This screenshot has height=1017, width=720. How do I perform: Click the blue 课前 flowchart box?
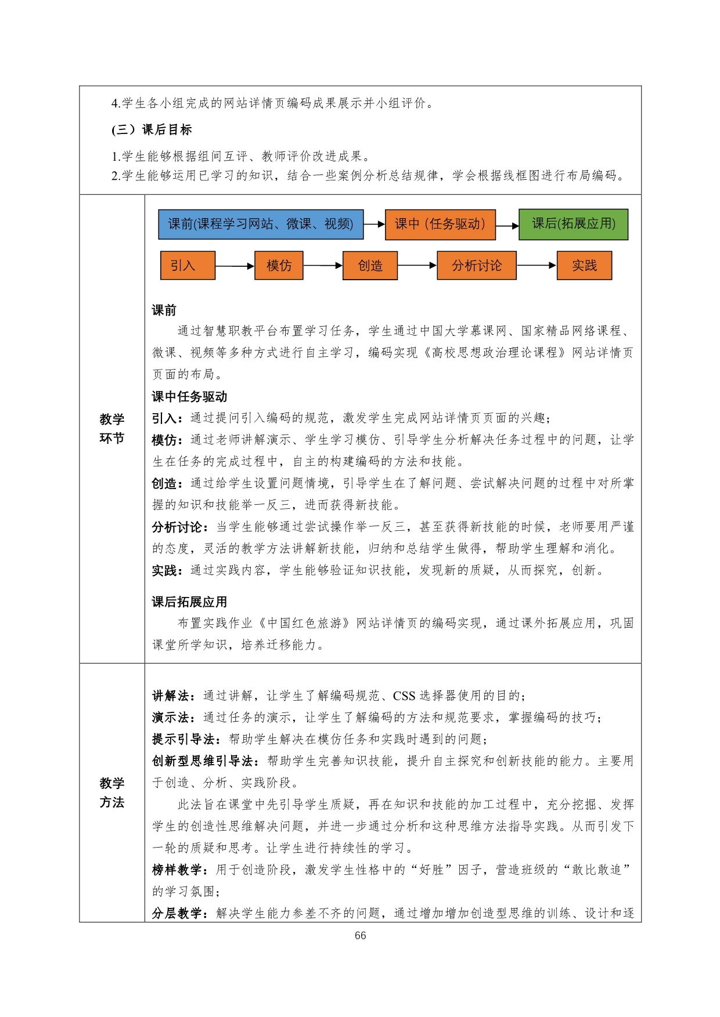coord(261,225)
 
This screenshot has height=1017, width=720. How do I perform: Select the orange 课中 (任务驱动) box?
coord(440,225)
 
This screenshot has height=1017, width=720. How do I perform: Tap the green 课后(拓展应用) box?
coord(573,224)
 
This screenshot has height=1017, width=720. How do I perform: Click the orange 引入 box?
coord(188,266)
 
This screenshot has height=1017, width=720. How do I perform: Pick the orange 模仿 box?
coord(279,266)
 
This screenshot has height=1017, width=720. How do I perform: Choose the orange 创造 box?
coord(370,266)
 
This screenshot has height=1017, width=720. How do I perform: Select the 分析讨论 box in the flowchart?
coord(476,266)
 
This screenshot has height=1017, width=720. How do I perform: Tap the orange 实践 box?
coord(584,266)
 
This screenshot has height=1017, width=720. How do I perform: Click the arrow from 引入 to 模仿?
coord(235,266)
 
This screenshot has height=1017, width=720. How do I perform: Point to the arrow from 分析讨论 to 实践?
coord(537,266)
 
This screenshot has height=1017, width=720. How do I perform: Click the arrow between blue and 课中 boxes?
coord(375,225)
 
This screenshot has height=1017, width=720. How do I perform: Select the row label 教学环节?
coord(111,429)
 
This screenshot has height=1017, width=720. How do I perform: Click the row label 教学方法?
coord(111,792)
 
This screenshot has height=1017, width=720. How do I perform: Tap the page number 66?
coord(360,935)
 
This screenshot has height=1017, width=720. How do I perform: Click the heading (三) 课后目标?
coord(152,130)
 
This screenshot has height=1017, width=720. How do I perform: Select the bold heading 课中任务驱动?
coord(189,397)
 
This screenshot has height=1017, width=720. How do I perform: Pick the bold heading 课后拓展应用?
coord(189,602)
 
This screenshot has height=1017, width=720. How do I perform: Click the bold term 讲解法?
coord(171,696)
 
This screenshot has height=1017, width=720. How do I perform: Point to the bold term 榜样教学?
coord(177,870)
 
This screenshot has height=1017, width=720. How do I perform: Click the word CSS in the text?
coord(404,696)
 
